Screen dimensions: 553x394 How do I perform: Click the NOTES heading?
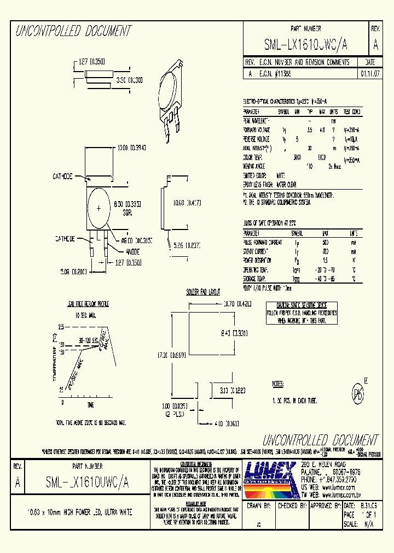click(278, 384)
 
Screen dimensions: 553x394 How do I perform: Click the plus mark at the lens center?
click(99, 208)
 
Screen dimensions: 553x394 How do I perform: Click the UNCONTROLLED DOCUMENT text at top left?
click(73, 31)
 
